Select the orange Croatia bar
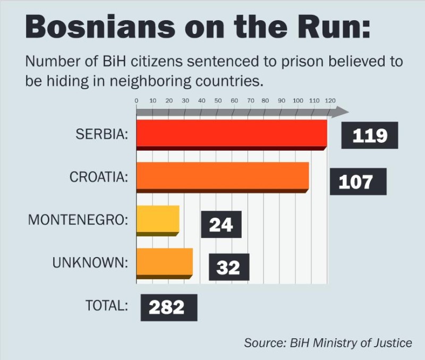(223, 175)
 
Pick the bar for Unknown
(164, 262)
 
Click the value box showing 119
(370, 136)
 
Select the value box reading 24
(221, 225)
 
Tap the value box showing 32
(229, 267)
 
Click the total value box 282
(168, 307)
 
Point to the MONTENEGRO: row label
(78, 219)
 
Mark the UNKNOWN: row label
(90, 262)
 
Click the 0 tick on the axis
(137, 100)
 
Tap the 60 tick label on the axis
(234, 100)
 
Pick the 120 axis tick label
(330, 100)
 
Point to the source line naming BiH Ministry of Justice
(328, 342)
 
